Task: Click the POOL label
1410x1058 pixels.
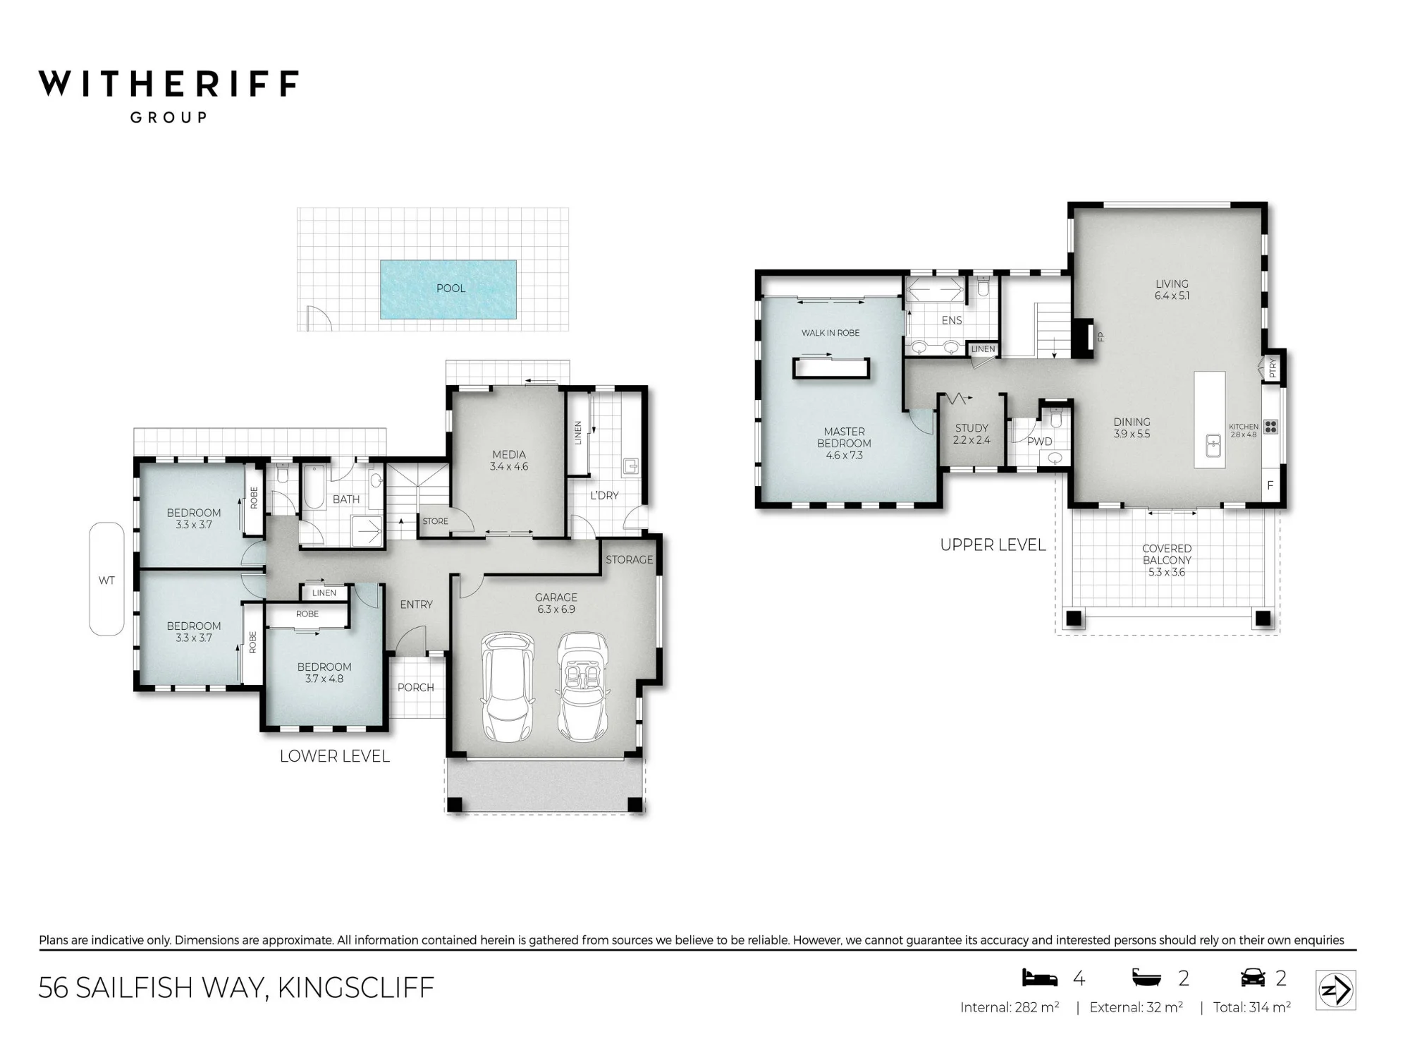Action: point(451,288)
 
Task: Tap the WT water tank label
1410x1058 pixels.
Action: point(106,580)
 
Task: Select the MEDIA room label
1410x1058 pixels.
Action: point(509,454)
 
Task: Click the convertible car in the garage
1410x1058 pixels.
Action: point(583,686)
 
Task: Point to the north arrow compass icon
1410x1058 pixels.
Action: point(1336,991)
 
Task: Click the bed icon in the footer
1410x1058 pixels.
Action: point(1040,978)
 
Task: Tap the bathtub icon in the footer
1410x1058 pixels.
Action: point(1146,978)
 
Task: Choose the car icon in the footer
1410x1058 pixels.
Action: point(1253,978)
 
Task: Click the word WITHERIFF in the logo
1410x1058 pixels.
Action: point(168,83)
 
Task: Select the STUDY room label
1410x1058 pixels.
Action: point(971,428)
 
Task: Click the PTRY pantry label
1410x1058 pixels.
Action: point(1273,367)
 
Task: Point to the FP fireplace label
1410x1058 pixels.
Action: point(1101,337)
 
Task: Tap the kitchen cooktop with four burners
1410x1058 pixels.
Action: point(1270,426)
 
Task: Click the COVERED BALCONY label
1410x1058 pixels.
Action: point(1167,554)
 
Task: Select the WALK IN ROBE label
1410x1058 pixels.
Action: point(830,333)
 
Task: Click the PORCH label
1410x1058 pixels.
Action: point(416,688)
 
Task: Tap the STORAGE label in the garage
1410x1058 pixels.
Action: point(630,559)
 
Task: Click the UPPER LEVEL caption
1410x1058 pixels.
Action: point(993,545)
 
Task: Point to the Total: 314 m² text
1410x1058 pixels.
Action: point(1252,1007)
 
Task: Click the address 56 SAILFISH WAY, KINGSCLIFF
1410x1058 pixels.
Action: point(236,988)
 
